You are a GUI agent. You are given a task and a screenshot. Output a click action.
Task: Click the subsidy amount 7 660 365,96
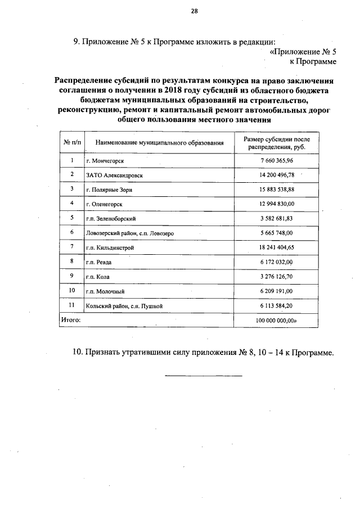coord(277,161)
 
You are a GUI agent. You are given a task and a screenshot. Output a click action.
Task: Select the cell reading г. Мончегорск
coord(105,161)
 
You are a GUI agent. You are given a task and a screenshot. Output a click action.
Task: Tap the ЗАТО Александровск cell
coord(115,175)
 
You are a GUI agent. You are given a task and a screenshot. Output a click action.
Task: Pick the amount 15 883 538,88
coord(277,190)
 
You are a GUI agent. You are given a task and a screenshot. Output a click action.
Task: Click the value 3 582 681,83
coord(277,218)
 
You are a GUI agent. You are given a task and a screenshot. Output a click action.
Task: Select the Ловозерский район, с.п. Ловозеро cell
coord(130,232)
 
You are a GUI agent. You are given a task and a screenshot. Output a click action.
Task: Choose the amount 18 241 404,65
coord(277,247)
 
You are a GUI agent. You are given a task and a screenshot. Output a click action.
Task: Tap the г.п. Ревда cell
coord(98,262)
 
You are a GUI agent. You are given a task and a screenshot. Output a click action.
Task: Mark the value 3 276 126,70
coord(277,276)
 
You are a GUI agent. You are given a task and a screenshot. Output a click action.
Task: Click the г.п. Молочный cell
coord(105,291)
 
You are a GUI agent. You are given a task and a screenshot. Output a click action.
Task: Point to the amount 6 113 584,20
coord(277,305)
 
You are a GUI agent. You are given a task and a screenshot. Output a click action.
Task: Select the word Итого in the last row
coord(70,320)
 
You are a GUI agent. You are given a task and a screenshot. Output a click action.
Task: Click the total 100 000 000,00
coord(277,320)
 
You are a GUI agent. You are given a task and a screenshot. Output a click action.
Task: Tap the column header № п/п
coord(71,143)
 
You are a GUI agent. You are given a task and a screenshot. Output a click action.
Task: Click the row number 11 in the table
coord(71,305)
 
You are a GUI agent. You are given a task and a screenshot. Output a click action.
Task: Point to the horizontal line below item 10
coord(203,375)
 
